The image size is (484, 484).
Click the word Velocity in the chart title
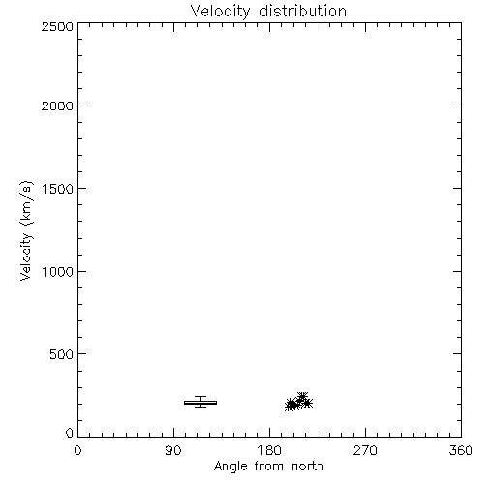[x=220, y=12]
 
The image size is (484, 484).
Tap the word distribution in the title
[x=303, y=12]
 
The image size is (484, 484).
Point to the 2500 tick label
[x=57, y=26]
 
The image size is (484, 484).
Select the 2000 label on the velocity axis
[x=57, y=106]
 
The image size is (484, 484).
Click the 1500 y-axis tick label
[x=58, y=189]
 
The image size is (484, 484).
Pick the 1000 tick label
[x=58, y=271]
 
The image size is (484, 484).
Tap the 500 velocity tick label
[x=62, y=354]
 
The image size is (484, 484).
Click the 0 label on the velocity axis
[x=70, y=433]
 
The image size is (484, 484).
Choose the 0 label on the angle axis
[x=77, y=450]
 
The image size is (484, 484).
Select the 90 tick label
[x=173, y=450]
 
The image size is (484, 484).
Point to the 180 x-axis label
[x=269, y=450]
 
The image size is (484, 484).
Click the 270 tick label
[x=365, y=450]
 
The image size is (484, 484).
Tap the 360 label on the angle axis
[x=461, y=450]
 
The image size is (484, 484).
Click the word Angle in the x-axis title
[x=230, y=467]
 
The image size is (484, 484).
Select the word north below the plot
[x=308, y=467]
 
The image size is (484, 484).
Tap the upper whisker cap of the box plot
[x=200, y=397]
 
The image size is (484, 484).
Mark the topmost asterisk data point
[x=302, y=397]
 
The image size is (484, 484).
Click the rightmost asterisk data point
[x=307, y=403]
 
